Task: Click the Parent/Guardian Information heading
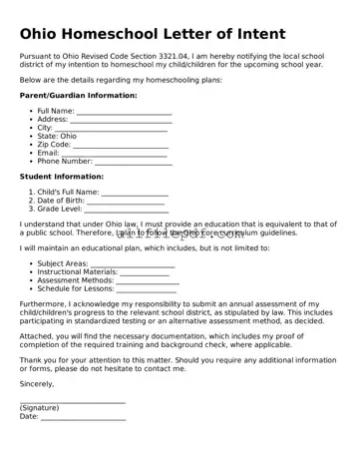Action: (78, 95)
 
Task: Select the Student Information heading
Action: (61, 177)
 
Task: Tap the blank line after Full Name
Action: (124, 113)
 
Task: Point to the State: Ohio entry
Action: (57, 136)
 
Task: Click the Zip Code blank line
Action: (121, 146)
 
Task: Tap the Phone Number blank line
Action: (133, 162)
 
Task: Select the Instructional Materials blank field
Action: (145, 273)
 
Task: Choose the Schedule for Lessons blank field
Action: (147, 290)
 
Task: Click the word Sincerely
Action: (37, 383)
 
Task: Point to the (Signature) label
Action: (40, 408)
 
